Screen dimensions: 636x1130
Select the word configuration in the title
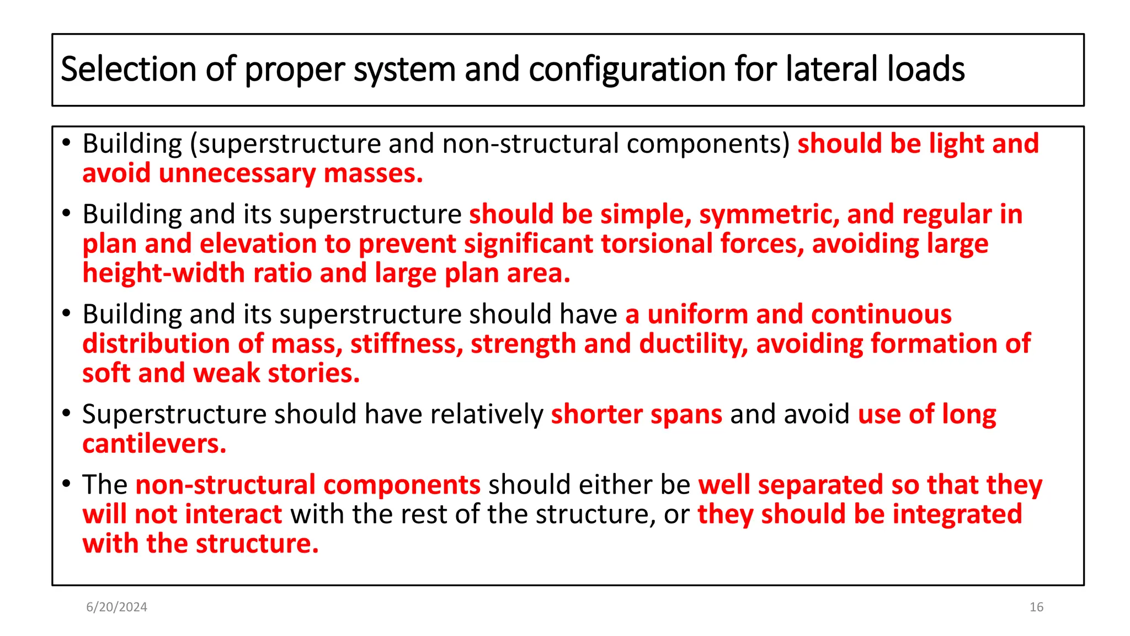click(x=627, y=70)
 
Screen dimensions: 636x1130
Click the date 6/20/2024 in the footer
click(x=116, y=607)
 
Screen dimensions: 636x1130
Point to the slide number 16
click(x=1036, y=607)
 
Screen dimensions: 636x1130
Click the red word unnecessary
click(x=237, y=174)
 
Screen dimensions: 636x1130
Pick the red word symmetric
click(x=769, y=215)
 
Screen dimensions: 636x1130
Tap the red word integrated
click(x=957, y=515)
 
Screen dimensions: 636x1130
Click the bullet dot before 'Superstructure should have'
click(x=67, y=413)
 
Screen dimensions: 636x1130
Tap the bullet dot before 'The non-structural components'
click(x=67, y=484)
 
